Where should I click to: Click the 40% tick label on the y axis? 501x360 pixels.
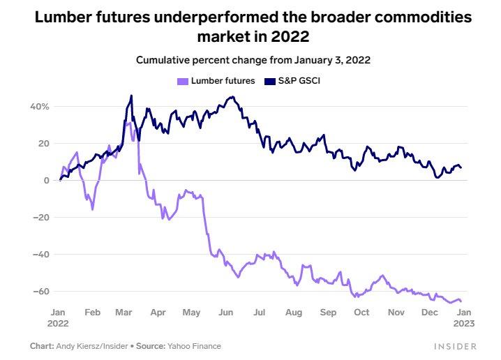click(39, 107)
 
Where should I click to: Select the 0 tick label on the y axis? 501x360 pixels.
click(45, 181)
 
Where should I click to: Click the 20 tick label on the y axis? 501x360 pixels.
click(43, 144)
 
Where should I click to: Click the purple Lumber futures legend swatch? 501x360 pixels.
click(183, 81)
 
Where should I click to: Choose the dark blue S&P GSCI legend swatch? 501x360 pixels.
click(271, 81)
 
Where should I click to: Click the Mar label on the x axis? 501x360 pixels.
click(125, 313)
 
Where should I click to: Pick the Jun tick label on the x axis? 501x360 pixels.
click(225, 313)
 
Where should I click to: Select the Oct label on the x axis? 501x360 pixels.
click(361, 313)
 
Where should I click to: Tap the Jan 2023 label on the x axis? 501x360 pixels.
click(463, 318)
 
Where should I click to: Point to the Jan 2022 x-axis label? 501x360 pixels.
click(59, 318)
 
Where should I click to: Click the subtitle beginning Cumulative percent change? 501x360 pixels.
click(253, 60)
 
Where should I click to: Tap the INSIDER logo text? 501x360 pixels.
click(454, 346)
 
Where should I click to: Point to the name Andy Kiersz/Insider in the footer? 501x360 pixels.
click(89, 346)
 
